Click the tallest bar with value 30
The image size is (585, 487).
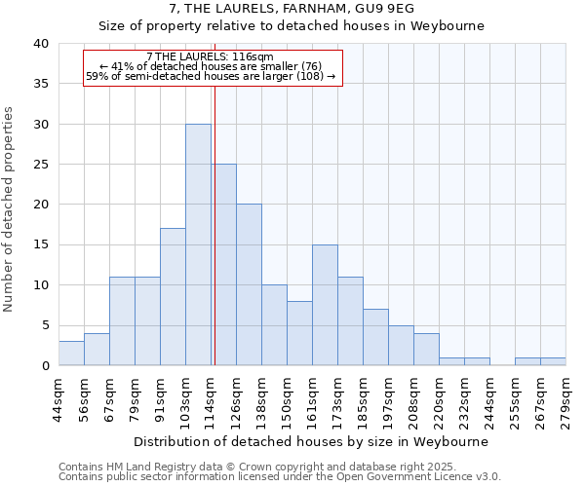[198, 244]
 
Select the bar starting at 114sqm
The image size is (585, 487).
[223, 265]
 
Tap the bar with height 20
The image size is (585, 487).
[249, 284]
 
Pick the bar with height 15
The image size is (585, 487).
[325, 305]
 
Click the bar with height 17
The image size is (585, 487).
[173, 297]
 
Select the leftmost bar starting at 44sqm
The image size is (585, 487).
[71, 354]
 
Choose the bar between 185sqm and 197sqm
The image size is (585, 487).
[375, 337]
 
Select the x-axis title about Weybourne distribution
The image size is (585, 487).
[312, 441]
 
